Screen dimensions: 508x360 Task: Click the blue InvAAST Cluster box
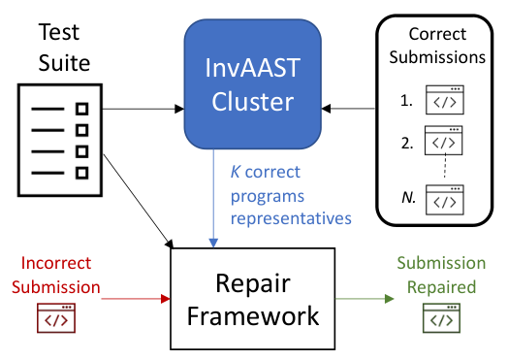tap(253, 84)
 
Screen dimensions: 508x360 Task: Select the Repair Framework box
tap(253, 299)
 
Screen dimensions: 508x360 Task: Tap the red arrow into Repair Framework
tap(136, 298)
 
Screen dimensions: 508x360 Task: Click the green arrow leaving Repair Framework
tap(365, 298)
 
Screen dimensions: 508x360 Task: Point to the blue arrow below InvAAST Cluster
tap(213, 199)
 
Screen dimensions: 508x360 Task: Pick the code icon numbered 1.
tap(445, 100)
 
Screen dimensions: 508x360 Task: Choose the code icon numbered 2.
tap(443, 141)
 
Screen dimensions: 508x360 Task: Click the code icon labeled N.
tap(445, 200)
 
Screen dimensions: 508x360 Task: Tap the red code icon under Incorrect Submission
tap(56, 318)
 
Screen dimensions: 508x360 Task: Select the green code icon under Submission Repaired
tap(441, 318)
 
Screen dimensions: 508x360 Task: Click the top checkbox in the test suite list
tap(82, 109)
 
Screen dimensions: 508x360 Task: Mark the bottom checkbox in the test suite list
tap(82, 173)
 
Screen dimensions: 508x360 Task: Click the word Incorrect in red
tap(56, 263)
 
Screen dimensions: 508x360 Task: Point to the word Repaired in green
tap(441, 287)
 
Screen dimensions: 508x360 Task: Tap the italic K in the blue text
tap(236, 172)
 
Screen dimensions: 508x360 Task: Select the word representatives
tap(291, 218)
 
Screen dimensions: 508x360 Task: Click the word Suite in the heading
tap(64, 63)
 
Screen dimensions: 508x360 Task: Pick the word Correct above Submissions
tap(437, 34)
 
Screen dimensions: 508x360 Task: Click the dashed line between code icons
tap(445, 166)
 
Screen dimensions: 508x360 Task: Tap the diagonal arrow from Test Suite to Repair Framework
tap(139, 201)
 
